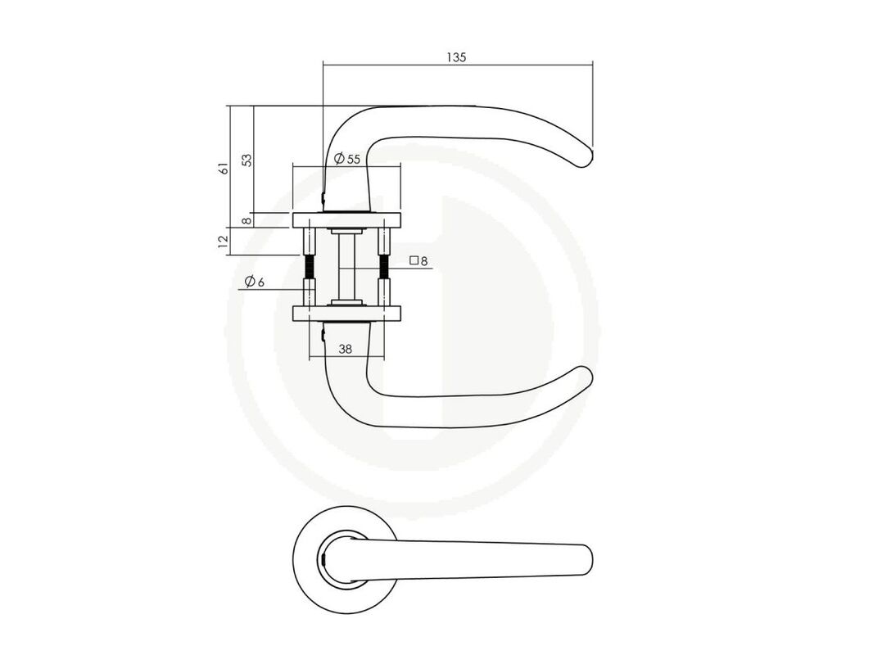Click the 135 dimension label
click(x=455, y=56)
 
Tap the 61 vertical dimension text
click(x=224, y=168)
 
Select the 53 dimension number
click(x=247, y=160)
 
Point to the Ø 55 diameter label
click(x=347, y=159)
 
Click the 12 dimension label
click(x=224, y=241)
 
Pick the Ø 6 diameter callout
click(x=254, y=282)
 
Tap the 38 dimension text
click(x=346, y=350)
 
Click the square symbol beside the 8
click(x=414, y=260)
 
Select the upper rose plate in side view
click(x=347, y=219)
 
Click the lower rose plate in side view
click(x=347, y=314)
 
